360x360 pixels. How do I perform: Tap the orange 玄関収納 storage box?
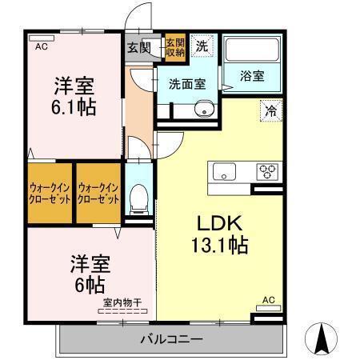[175, 46]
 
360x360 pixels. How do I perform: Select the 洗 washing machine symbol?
[203, 46]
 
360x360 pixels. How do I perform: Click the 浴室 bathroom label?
[252, 76]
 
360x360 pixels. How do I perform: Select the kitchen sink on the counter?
[222, 171]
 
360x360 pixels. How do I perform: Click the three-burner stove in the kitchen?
[266, 171]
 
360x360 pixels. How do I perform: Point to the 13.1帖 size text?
[219, 243]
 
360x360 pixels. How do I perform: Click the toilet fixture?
[140, 196]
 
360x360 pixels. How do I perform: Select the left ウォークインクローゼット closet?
[49, 192]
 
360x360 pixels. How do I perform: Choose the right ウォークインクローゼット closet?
[98, 192]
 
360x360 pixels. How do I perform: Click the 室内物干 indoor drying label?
[122, 303]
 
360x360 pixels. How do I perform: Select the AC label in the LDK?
[268, 301]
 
